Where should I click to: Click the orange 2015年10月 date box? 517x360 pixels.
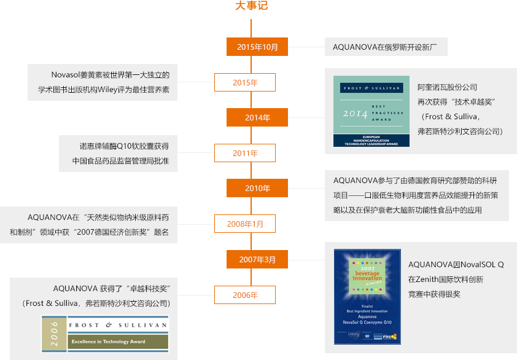coord(257,47)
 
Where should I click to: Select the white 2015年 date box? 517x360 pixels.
coord(245,82)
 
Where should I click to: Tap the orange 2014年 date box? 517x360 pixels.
coord(257,117)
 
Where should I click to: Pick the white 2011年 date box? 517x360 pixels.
coord(245,153)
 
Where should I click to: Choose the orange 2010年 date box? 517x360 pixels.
coord(257,188)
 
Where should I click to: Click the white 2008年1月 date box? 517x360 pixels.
coord(245,224)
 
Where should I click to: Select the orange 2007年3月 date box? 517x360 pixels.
coord(257,259)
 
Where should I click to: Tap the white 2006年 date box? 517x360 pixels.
coord(245,295)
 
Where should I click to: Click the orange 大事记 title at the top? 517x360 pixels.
coord(251,6)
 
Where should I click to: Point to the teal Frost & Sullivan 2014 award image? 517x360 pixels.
coord(371,111)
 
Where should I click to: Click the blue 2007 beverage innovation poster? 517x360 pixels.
coord(367,296)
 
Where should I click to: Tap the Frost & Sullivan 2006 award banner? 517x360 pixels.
coord(104,333)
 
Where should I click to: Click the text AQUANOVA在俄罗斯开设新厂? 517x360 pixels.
coord(381,47)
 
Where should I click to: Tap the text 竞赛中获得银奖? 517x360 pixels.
coord(434,294)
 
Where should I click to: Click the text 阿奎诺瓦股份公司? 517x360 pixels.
coord(447,87)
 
